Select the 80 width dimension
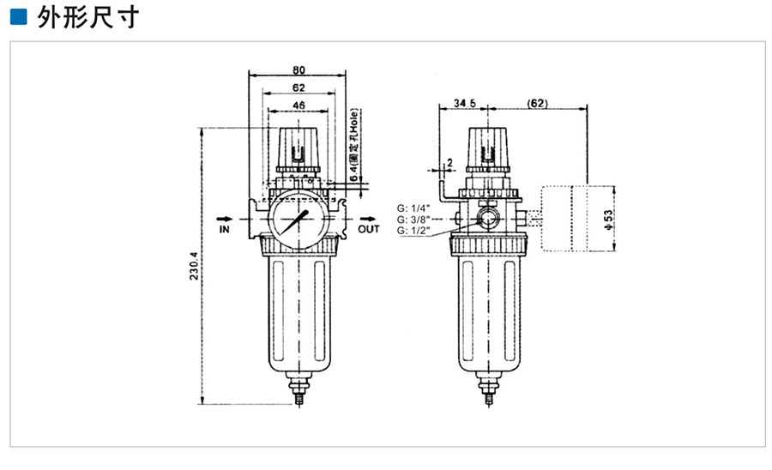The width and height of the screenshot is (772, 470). click(x=299, y=70)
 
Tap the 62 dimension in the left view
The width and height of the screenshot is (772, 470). click(x=298, y=87)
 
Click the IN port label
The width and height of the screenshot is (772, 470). click(x=225, y=230)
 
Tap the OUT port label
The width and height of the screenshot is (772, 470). click(x=369, y=230)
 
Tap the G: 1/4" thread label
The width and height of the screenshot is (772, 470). click(x=413, y=208)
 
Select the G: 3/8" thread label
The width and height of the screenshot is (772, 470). click(x=413, y=220)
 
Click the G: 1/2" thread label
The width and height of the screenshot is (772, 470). click(x=413, y=232)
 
